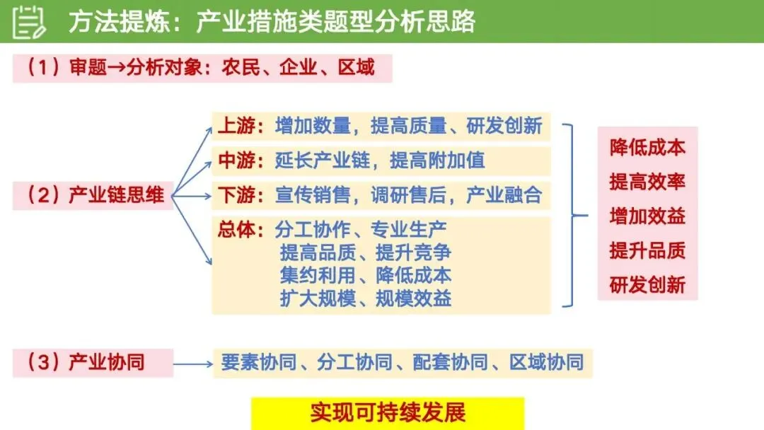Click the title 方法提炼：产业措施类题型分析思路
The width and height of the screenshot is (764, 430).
click(272, 22)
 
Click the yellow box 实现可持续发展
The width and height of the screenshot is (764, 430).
click(388, 413)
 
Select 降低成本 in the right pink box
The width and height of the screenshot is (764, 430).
click(647, 147)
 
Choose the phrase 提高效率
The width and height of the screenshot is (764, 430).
click(647, 181)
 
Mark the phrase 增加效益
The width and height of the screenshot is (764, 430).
click(647, 216)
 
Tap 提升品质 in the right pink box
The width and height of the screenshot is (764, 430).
click(647, 250)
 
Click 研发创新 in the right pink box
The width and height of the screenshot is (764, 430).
click(647, 285)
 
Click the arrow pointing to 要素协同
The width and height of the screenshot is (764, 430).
click(192, 364)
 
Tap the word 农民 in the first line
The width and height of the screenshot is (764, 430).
click(241, 68)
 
